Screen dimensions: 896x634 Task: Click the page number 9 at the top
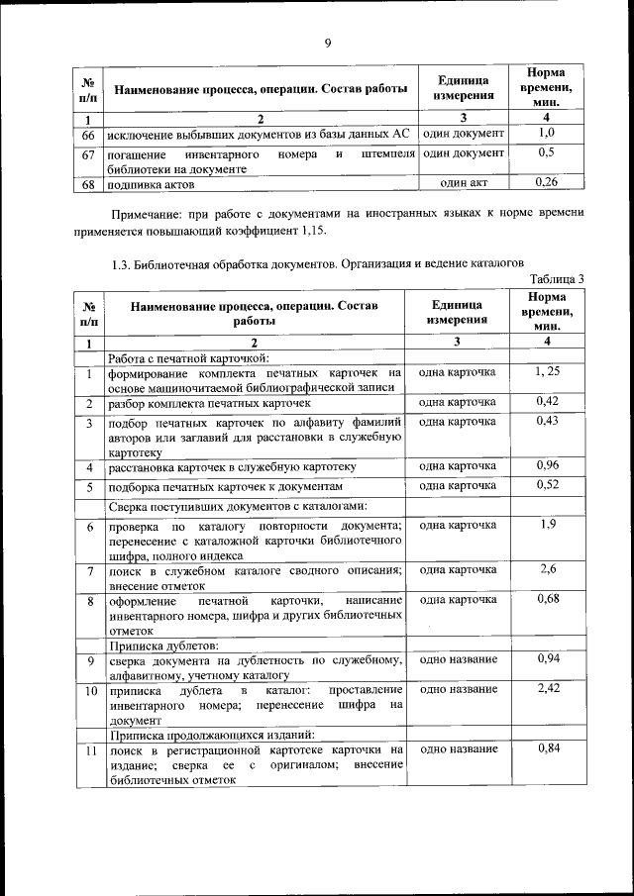point(327,42)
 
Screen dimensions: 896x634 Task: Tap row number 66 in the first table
point(87,134)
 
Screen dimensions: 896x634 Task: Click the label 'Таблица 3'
point(558,278)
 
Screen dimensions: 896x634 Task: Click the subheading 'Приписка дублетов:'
point(157,645)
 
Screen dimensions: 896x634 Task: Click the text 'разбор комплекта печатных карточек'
point(210,404)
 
